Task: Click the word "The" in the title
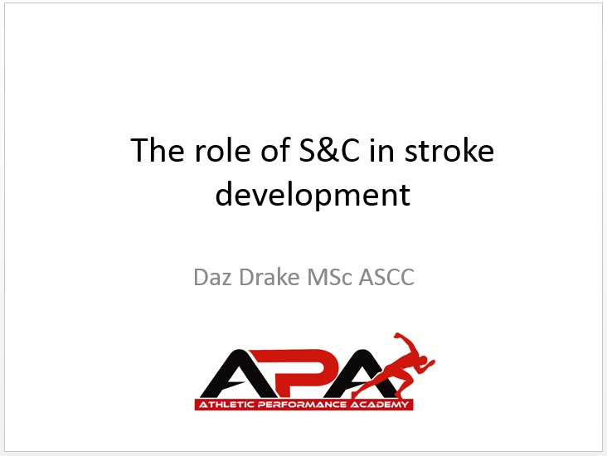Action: click(x=158, y=150)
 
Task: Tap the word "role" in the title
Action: click(x=222, y=150)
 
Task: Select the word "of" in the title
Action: click(x=275, y=150)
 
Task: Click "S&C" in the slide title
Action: click(x=329, y=150)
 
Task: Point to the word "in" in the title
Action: click(x=381, y=150)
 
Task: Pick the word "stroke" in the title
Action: click(x=449, y=150)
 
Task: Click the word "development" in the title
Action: click(x=313, y=195)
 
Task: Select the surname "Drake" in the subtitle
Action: click(x=270, y=277)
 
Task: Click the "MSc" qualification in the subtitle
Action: click(x=329, y=277)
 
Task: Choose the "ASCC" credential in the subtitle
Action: click(x=386, y=277)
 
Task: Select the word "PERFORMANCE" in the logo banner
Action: click(x=302, y=405)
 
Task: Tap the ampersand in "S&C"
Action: click(x=329, y=150)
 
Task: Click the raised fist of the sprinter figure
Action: click(x=397, y=336)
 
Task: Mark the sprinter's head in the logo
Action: click(x=423, y=359)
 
